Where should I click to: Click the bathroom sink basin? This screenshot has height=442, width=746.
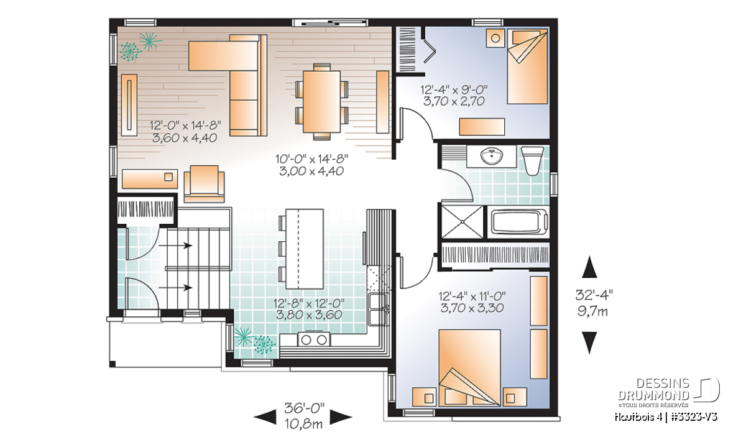491,156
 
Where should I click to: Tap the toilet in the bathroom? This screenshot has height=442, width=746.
532,161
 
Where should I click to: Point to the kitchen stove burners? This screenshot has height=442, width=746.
314,339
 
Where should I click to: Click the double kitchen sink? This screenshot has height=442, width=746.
379,310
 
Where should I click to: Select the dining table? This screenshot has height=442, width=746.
322,101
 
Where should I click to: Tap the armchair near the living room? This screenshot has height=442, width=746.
204,184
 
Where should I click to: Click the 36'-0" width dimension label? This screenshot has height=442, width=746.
304,407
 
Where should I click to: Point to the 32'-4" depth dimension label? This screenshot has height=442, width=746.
594,295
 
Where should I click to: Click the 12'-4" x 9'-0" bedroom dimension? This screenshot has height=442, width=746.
454,90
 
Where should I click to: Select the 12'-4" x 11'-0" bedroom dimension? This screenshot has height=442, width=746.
472,296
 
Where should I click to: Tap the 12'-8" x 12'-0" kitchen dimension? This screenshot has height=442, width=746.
309,303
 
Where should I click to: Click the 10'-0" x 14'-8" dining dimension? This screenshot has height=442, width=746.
311,159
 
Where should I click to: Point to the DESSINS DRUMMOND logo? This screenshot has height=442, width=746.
669,392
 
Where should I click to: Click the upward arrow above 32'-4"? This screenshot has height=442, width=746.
589,267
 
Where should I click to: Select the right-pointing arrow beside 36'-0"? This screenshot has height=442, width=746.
341,417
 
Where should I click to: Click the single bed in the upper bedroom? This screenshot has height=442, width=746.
527,67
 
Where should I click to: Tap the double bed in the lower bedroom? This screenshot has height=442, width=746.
469,368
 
